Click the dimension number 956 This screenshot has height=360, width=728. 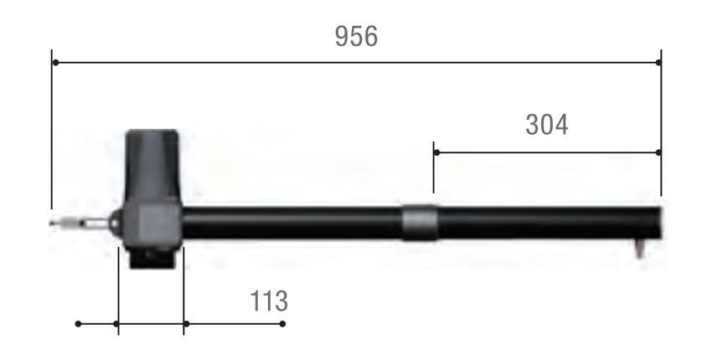pyautogui.click(x=356, y=36)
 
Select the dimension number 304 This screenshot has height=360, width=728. pyautogui.click(x=546, y=125)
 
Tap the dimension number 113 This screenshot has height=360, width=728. pyautogui.click(x=269, y=301)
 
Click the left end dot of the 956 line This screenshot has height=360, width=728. pyautogui.click(x=55, y=62)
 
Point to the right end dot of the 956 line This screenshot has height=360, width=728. pyautogui.click(x=658, y=62)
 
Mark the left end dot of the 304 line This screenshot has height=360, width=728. pyautogui.click(x=437, y=152)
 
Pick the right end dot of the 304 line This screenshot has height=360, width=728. pyautogui.click(x=658, y=152)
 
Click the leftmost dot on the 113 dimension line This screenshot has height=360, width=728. pyautogui.click(x=78, y=323)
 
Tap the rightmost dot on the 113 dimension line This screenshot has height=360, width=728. pyautogui.click(x=282, y=323)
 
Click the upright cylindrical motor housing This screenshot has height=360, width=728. pyautogui.click(x=152, y=165)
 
